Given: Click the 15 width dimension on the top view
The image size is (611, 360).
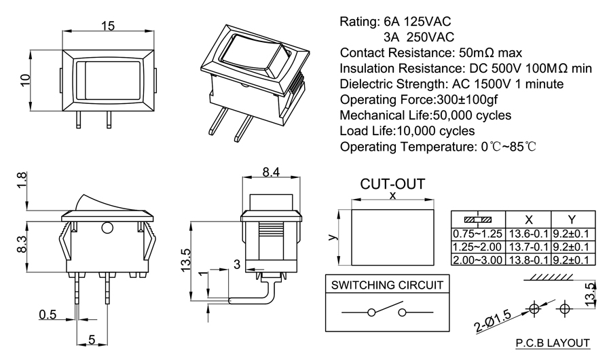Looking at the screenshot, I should pos(107,25).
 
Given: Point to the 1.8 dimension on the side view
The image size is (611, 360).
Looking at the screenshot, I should pos(22,181).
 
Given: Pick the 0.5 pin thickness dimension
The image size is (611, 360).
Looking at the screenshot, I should pos(48,314).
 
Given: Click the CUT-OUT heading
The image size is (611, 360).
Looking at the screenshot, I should pos(392,184).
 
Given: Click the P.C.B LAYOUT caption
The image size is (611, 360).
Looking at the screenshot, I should pos(552,343).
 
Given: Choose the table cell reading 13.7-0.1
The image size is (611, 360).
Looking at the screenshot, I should pos(526,246).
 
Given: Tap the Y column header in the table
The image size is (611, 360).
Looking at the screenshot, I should pos(572,219).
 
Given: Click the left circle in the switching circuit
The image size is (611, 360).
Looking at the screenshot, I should pos(371,312).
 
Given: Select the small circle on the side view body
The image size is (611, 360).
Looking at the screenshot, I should pos(106,228).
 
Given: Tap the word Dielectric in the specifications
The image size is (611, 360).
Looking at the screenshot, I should pos(369,84).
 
